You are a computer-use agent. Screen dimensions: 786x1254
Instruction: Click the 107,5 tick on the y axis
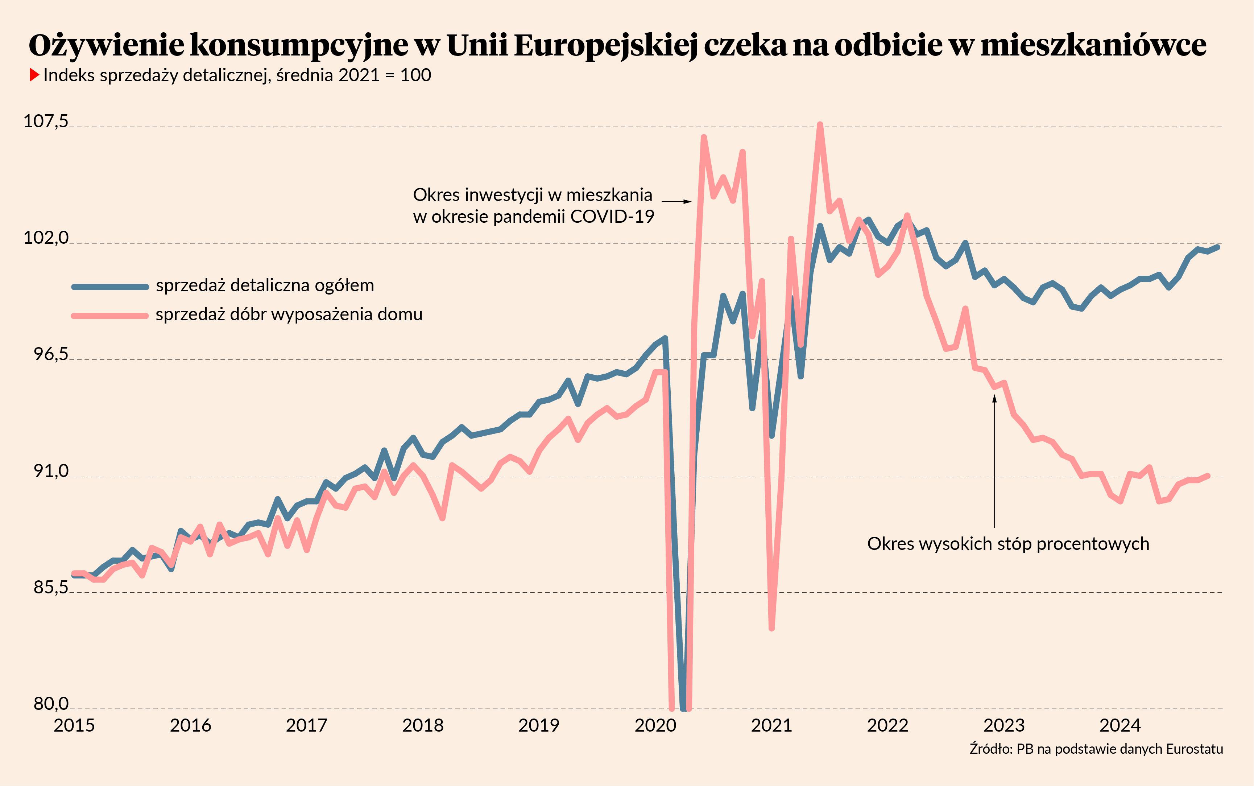pyautogui.click(x=46, y=122)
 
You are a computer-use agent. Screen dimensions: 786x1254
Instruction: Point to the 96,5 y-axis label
pyautogui.click(x=51, y=354)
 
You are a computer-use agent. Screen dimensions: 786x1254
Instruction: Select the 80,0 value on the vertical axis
pyautogui.click(x=51, y=704)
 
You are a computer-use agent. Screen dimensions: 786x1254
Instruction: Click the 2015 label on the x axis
pyautogui.click(x=74, y=725)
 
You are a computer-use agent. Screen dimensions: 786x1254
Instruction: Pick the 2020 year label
pyautogui.click(x=655, y=725)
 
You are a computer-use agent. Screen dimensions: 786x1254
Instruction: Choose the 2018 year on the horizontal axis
pyautogui.click(x=423, y=725)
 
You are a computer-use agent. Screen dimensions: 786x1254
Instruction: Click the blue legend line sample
pyautogui.click(x=110, y=287)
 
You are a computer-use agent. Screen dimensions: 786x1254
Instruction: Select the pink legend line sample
pyautogui.click(x=110, y=316)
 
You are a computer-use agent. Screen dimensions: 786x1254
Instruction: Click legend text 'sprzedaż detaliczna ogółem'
pyautogui.click(x=265, y=285)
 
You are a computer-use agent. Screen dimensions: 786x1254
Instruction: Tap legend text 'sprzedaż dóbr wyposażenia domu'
pyautogui.click(x=289, y=314)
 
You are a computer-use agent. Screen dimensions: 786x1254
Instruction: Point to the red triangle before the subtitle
pyautogui.click(x=34, y=75)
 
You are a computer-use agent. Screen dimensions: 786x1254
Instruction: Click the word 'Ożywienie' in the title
pyautogui.click(x=107, y=45)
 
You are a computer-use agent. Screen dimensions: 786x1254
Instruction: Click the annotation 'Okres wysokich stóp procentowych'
pyautogui.click(x=1008, y=544)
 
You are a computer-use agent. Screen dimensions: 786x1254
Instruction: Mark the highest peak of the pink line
pyautogui.click(x=820, y=125)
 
